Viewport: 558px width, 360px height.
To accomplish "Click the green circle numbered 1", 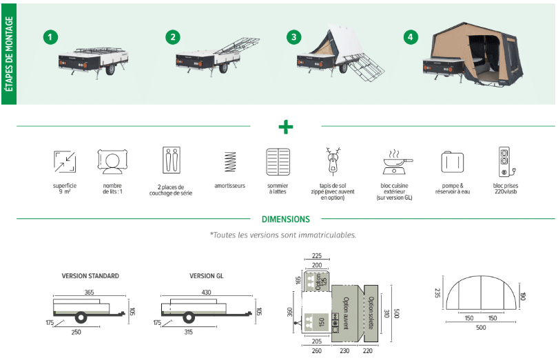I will tap(49, 36).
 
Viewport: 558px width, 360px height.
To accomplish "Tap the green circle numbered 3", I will tap(295, 36).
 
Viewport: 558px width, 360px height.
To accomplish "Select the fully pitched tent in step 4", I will tap(482, 55).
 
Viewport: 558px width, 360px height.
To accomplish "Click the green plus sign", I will tap(285, 127).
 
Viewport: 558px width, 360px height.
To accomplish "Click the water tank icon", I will tap(452, 162).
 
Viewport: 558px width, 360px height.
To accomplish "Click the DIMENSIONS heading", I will tap(286, 220).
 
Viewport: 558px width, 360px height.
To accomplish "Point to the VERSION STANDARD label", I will tap(90, 276).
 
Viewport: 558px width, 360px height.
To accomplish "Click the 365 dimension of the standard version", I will tap(90, 293).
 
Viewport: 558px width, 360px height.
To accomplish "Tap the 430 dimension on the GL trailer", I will tap(207, 293).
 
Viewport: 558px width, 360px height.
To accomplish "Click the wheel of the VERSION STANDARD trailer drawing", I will tap(81, 317).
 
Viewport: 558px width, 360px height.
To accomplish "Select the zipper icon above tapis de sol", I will tap(333, 161).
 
